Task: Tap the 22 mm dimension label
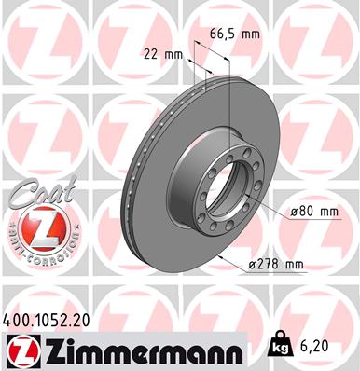(162, 53)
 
